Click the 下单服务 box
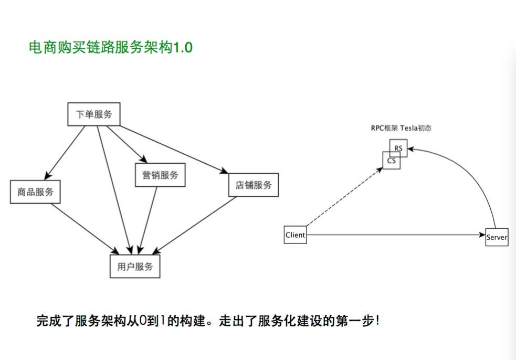pos(94,114)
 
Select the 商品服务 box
pos(35,192)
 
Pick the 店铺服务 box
pos(253,185)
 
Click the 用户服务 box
pos(135,266)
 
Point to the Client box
pos(295,235)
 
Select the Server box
pos(497,237)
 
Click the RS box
pos(400,147)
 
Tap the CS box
pos(391,161)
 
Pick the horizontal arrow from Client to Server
pos(394,236)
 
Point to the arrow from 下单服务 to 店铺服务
pos(173,149)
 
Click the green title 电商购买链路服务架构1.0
pos(111,48)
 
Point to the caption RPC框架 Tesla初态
pos(401,128)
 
